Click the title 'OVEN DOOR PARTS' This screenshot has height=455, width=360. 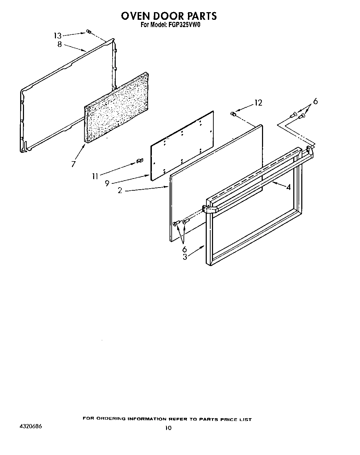[169, 16]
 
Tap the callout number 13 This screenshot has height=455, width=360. [57, 35]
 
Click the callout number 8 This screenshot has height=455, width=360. [59, 44]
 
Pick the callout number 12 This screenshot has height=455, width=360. [258, 103]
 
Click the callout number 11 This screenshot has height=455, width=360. [95, 176]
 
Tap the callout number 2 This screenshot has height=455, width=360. [120, 191]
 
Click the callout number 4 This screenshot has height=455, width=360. [288, 187]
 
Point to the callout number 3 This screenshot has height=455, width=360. [185, 257]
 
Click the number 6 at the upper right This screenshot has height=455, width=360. [315, 101]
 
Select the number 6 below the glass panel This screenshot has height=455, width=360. [184, 249]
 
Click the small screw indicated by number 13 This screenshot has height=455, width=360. [88, 32]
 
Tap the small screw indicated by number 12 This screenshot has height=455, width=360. [234, 114]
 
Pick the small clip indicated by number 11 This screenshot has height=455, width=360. [140, 161]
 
